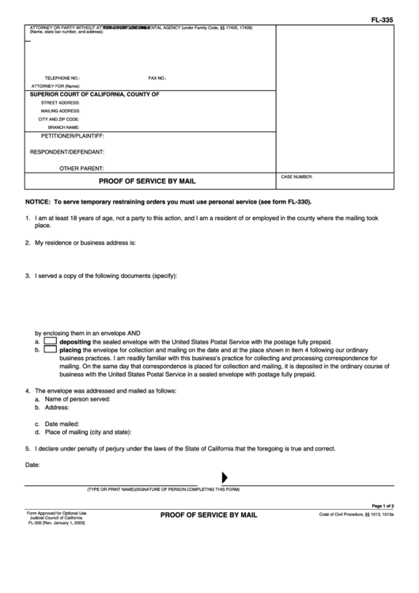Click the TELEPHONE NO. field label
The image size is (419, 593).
point(62,78)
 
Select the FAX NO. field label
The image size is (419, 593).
point(157,78)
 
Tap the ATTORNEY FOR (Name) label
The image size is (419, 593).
point(56,86)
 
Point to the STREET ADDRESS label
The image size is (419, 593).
point(60,103)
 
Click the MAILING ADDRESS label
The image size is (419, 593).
point(60,111)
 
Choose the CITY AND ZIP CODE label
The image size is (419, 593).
point(59,119)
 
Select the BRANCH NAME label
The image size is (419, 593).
point(63,127)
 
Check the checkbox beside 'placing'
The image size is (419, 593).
point(50,349)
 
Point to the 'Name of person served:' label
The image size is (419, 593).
point(77,399)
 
